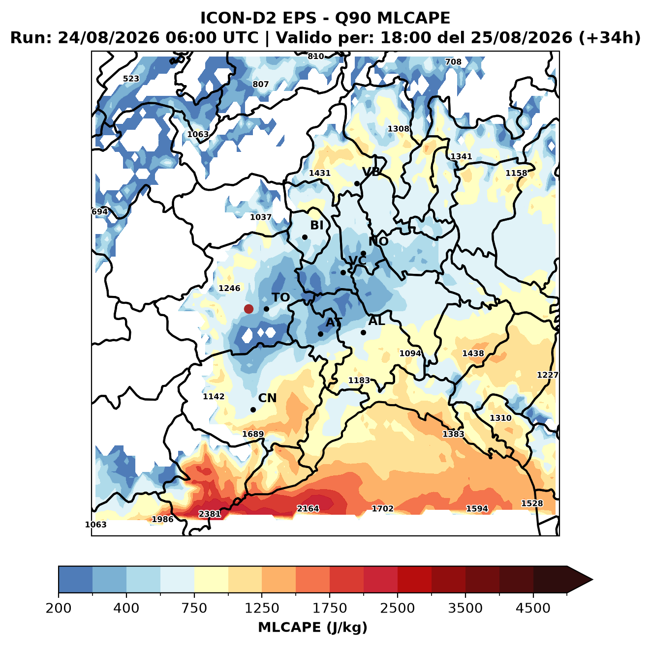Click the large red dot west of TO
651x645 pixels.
[x=248, y=309]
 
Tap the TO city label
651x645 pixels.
[x=281, y=297]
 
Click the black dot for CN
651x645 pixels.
[x=253, y=410]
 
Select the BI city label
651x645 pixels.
[x=316, y=225]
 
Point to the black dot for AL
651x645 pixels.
[x=363, y=332]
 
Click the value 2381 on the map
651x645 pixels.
[x=210, y=514]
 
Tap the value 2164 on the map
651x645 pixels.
[x=308, y=508]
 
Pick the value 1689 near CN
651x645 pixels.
[x=253, y=434]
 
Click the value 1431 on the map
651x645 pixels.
[x=319, y=173]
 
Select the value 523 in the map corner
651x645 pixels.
[x=131, y=79]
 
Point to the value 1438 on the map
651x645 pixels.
[x=473, y=353]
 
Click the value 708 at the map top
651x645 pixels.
[x=453, y=62]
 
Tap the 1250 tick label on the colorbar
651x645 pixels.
[x=262, y=608]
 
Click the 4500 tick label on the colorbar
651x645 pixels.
[x=533, y=608]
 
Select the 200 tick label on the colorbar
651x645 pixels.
[x=59, y=608]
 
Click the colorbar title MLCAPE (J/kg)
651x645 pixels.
[x=312, y=627]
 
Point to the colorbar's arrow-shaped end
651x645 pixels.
[x=580, y=580]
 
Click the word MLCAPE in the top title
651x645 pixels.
[x=413, y=18]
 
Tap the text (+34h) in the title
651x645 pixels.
[x=610, y=38]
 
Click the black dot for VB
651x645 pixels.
[x=357, y=183]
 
